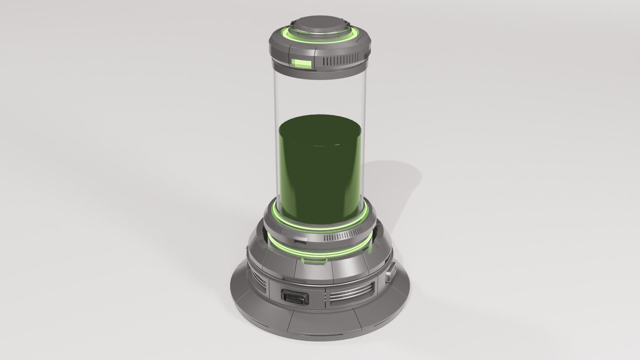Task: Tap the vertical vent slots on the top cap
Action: [341, 61]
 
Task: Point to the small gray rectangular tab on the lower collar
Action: [301, 240]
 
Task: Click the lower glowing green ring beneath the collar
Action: [320, 252]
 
